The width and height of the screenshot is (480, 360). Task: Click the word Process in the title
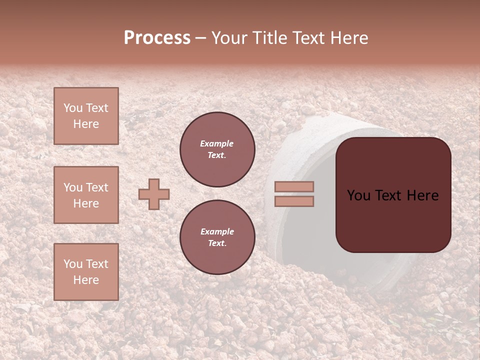(x=157, y=38)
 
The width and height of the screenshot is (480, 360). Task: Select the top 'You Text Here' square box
(x=86, y=116)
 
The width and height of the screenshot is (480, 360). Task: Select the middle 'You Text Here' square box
(x=86, y=195)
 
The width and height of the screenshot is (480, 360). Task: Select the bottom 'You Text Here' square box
(x=86, y=272)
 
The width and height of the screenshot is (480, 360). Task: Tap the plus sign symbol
(x=154, y=194)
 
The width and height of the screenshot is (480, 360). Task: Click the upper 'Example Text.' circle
(x=217, y=149)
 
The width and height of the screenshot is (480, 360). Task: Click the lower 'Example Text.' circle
(x=217, y=237)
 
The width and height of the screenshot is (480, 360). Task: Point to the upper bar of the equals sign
(x=294, y=186)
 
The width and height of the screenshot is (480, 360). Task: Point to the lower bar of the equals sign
(x=294, y=201)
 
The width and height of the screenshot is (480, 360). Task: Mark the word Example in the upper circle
(x=216, y=143)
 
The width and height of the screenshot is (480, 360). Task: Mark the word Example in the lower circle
(x=217, y=231)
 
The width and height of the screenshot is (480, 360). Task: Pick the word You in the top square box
(x=73, y=108)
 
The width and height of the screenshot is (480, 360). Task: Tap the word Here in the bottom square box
(x=86, y=280)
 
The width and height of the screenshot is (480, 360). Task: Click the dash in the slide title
(x=200, y=39)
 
